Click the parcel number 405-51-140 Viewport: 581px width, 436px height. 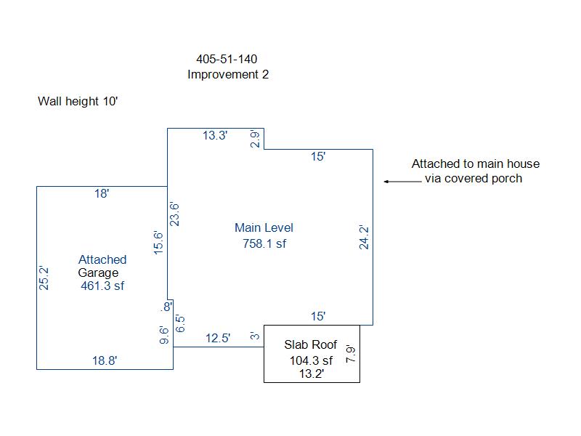227,59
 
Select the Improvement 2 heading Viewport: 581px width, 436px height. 228,74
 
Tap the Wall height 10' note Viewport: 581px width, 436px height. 78,101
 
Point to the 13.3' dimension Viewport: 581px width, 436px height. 216,135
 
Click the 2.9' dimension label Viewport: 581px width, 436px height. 255,140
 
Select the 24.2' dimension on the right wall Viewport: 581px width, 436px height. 365,237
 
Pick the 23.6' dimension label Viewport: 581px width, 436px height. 174,214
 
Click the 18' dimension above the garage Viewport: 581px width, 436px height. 102,193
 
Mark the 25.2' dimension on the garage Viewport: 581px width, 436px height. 44,278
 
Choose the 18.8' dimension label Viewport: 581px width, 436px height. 103,360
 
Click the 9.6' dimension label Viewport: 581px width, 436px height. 164,335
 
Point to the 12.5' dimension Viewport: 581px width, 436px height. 218,338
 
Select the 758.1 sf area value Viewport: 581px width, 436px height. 264,243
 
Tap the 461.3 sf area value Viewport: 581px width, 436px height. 102,286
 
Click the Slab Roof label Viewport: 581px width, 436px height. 311,344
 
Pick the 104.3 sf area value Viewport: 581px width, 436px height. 311,360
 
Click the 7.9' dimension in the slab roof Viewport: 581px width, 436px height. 351,354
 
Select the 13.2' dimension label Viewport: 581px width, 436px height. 311,374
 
